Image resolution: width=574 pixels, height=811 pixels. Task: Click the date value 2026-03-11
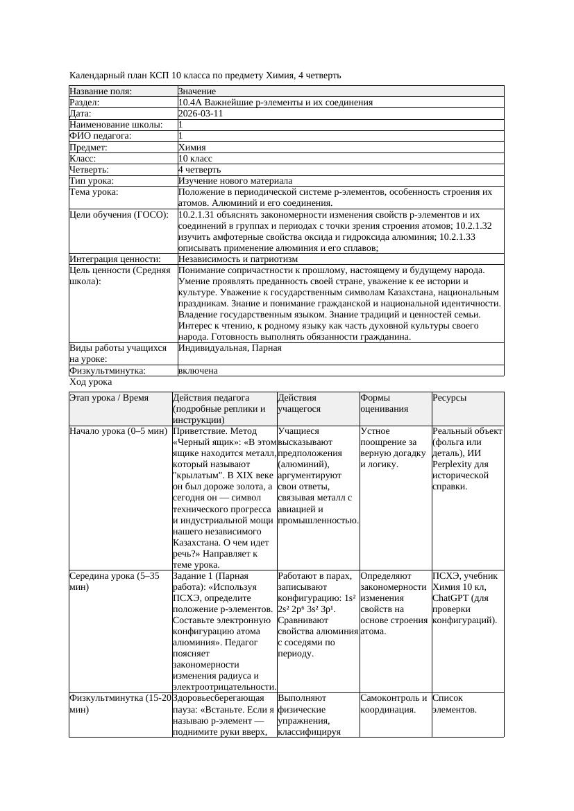pyautogui.click(x=201, y=114)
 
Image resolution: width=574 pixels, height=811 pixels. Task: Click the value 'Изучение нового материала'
pyautogui.click(x=235, y=180)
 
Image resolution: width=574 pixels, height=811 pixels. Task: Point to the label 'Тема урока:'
pyautogui.click(x=94, y=192)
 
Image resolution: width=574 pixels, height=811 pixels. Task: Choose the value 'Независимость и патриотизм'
pyautogui.click(x=238, y=259)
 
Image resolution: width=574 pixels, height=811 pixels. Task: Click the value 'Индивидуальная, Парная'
pyautogui.click(x=230, y=348)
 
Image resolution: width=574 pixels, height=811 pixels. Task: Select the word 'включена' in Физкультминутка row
pyautogui.click(x=198, y=371)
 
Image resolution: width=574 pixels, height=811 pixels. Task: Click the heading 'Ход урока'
pyautogui.click(x=91, y=382)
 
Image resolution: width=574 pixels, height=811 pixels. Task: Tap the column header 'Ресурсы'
pyautogui.click(x=449, y=398)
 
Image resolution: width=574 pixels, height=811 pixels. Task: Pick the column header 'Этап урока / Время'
pyautogui.click(x=109, y=398)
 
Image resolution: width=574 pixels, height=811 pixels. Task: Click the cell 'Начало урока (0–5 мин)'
pyautogui.click(x=119, y=431)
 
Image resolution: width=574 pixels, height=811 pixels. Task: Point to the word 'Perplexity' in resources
pyautogui.click(x=453, y=464)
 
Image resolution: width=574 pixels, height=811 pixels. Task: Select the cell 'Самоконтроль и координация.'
pyautogui.click(x=393, y=704)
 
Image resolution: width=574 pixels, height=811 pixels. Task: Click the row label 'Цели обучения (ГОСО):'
pyautogui.click(x=119, y=215)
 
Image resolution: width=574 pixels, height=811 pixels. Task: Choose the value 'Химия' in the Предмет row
pyautogui.click(x=192, y=147)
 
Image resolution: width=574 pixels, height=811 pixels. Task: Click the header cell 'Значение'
pyautogui.click(x=197, y=91)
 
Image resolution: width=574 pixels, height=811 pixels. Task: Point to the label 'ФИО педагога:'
pyautogui.click(x=101, y=136)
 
